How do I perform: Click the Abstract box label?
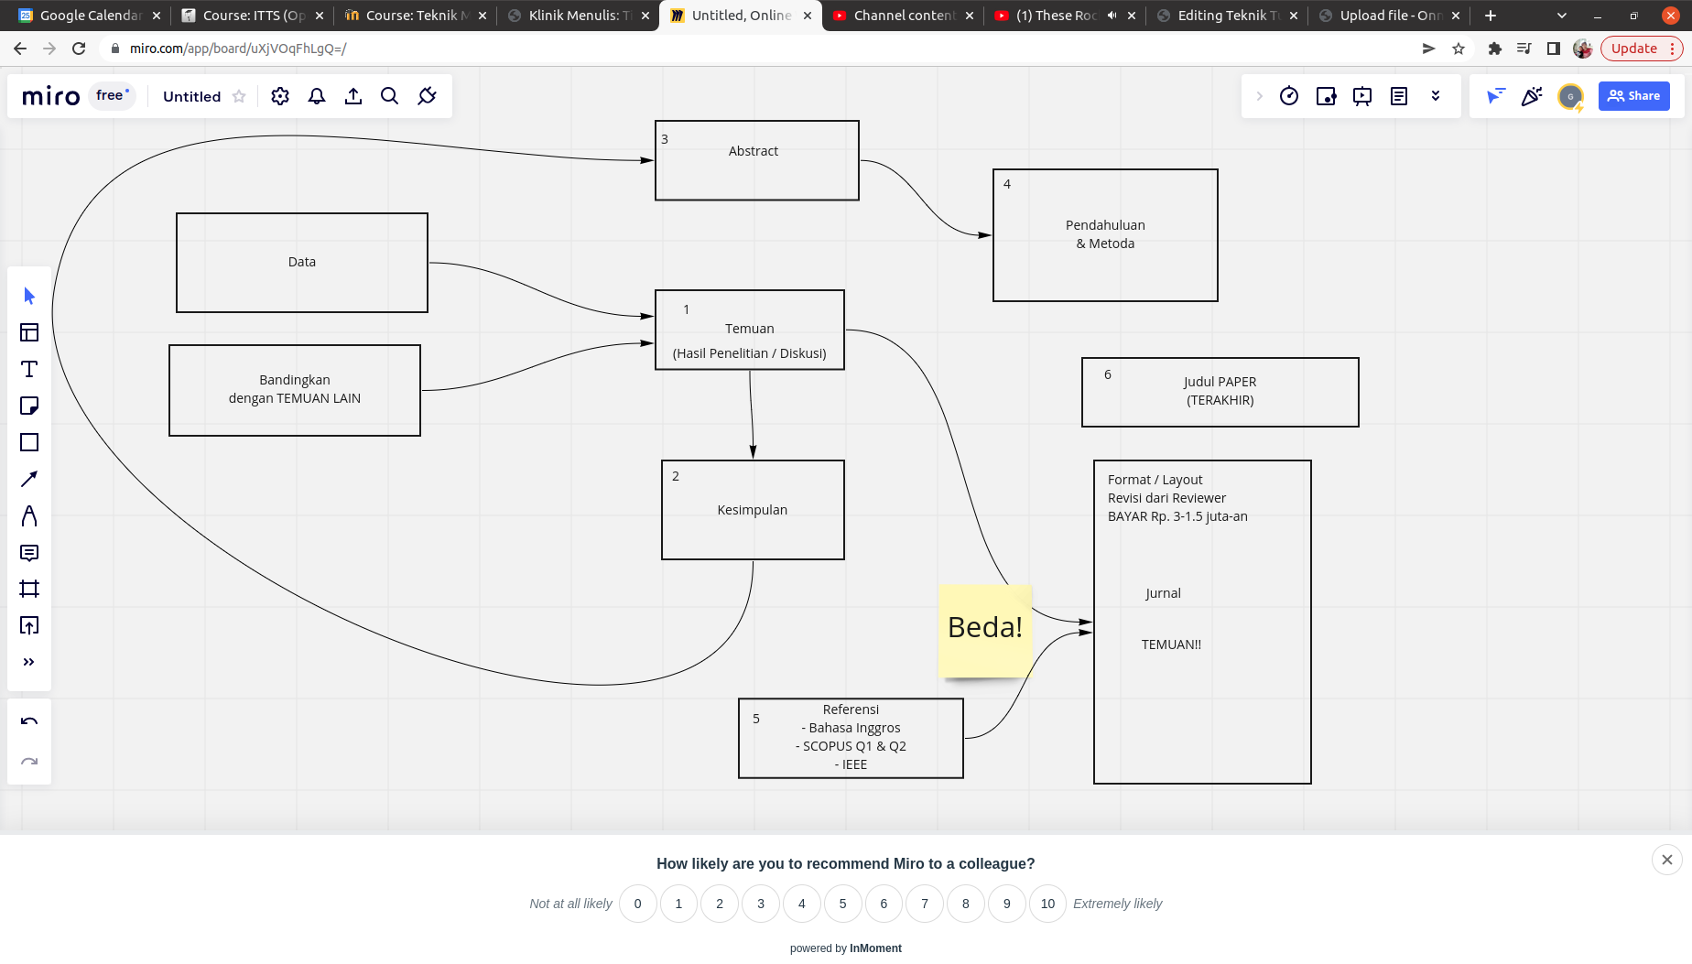pos(753,151)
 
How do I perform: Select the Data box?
pos(301,263)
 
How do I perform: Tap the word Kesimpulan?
pos(752,510)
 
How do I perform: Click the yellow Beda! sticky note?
pos(985,629)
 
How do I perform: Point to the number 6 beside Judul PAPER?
pos(1107,374)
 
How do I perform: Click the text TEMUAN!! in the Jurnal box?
pos(1171,644)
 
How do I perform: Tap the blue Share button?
pos(1633,96)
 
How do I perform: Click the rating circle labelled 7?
pos(924,904)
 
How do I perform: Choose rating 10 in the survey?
pos(1047,904)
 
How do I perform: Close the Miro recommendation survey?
pos(1666,860)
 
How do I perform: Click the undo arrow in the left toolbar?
pos(29,721)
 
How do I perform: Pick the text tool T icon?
pos(29,369)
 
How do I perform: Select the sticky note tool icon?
pos(29,406)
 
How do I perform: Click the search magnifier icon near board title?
pos(389,96)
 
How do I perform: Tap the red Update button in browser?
pos(1633,49)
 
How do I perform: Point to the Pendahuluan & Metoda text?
pos(1105,234)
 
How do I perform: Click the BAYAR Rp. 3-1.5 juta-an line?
pos(1177,516)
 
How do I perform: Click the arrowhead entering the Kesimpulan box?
pos(753,451)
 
